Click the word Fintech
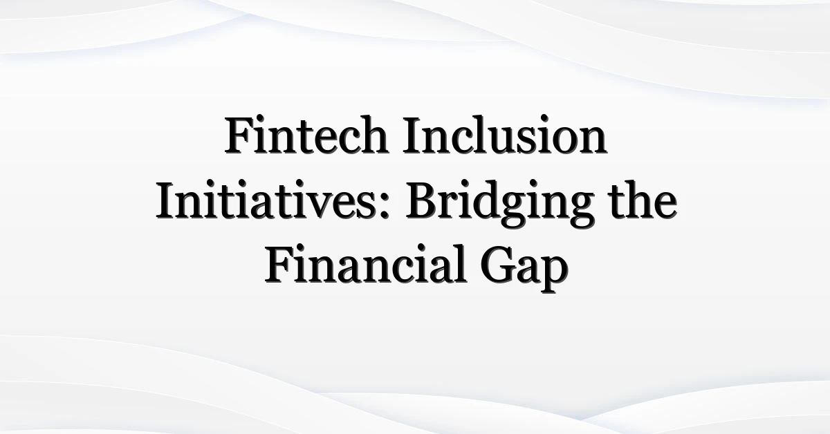[306, 135]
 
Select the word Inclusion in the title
[505, 135]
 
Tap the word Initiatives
[272, 200]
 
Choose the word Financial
[365, 263]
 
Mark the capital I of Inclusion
[413, 135]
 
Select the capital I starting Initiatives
[166, 200]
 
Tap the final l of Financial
[460, 263]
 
